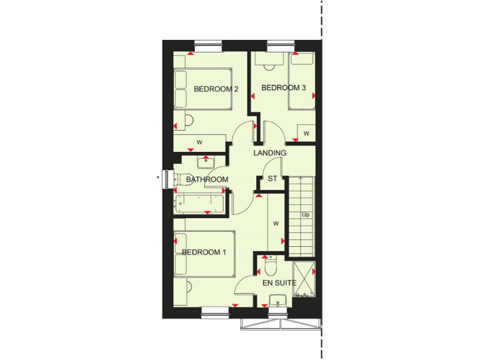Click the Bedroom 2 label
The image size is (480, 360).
click(x=216, y=89)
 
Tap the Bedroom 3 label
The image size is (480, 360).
click(x=283, y=88)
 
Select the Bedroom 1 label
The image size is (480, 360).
click(x=204, y=252)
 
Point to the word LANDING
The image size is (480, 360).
click(x=270, y=153)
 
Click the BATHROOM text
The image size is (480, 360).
click(x=207, y=180)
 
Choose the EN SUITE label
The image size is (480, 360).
click(x=279, y=283)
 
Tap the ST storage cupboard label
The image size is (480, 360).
click(x=272, y=179)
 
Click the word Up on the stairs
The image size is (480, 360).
click(x=306, y=215)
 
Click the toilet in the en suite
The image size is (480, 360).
click(x=271, y=267)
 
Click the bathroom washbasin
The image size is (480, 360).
click(x=206, y=162)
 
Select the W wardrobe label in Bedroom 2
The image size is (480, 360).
click(x=199, y=142)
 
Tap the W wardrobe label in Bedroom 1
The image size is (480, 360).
click(x=276, y=222)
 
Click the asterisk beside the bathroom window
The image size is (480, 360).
click(x=158, y=178)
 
